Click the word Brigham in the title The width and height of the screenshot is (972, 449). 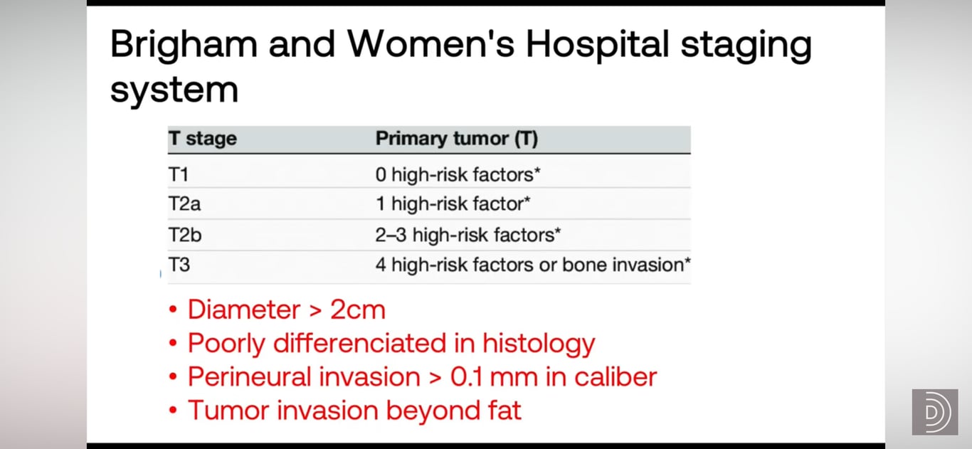pyautogui.click(x=184, y=46)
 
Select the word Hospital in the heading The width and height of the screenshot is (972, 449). pyautogui.click(x=597, y=46)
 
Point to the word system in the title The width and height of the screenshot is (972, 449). pyautogui.click(x=174, y=90)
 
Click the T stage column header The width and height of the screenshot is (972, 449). pyautogui.click(x=203, y=138)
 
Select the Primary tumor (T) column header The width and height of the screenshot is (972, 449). pyautogui.click(x=457, y=138)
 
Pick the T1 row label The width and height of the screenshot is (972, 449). pyautogui.click(x=179, y=174)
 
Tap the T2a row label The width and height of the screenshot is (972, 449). pyautogui.click(x=184, y=204)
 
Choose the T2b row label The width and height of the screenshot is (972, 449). pyautogui.click(x=185, y=235)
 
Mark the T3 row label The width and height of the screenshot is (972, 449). pyautogui.click(x=179, y=265)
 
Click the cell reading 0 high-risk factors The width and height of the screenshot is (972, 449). pyautogui.click(x=458, y=174)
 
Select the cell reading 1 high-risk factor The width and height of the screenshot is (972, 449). pyautogui.click(x=453, y=204)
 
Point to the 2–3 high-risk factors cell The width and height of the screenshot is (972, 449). pyautogui.click(x=467, y=235)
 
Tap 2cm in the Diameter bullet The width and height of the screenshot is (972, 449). pyautogui.click(x=357, y=310)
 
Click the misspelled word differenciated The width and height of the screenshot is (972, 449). pyautogui.click(x=360, y=343)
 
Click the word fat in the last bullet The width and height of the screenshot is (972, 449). pyautogui.click(x=505, y=410)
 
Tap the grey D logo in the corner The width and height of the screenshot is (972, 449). pyautogui.click(x=935, y=412)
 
